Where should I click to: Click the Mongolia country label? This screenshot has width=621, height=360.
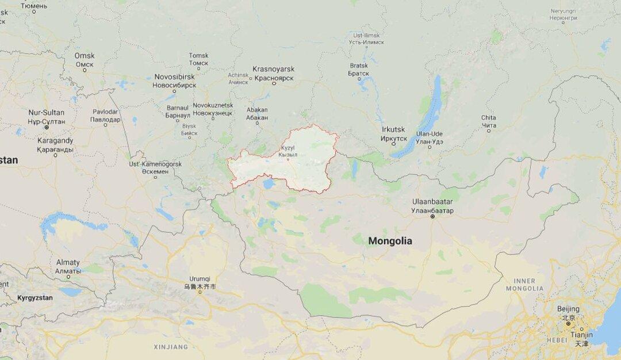(x=390, y=242)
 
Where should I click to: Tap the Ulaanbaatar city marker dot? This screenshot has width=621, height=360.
(x=432, y=217)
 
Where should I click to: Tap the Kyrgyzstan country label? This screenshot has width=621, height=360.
(x=34, y=298)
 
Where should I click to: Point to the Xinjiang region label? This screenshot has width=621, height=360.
(x=171, y=347)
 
